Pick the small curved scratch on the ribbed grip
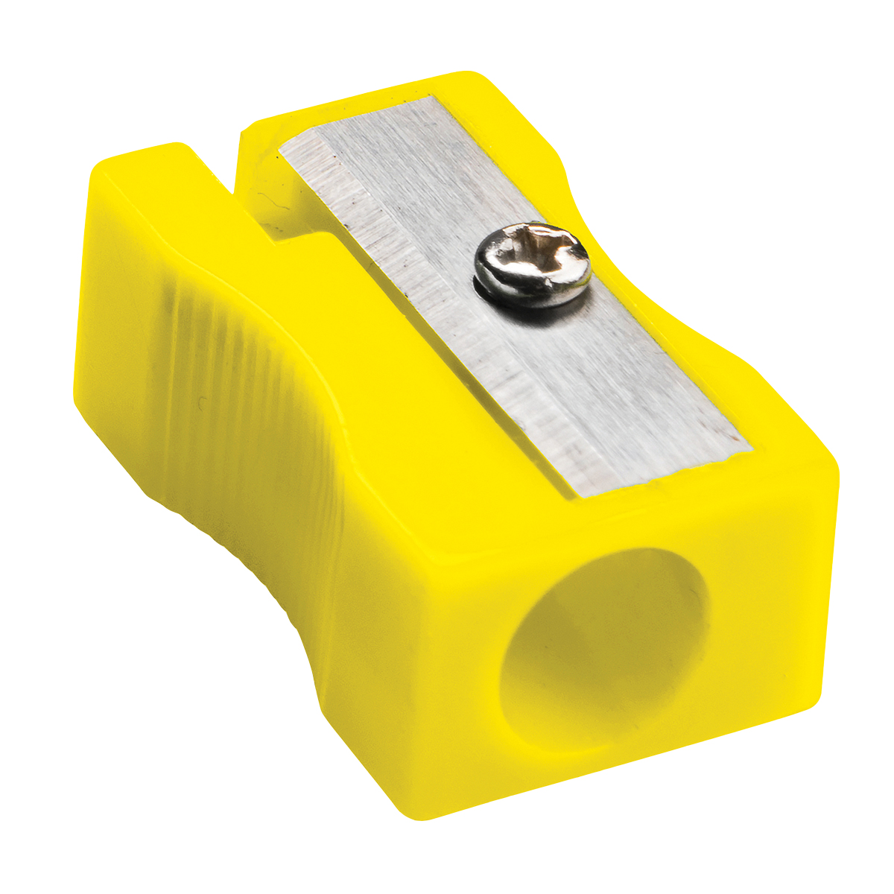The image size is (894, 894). point(201,406)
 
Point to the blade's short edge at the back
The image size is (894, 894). point(358,119)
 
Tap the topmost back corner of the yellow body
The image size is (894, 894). point(466,74)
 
